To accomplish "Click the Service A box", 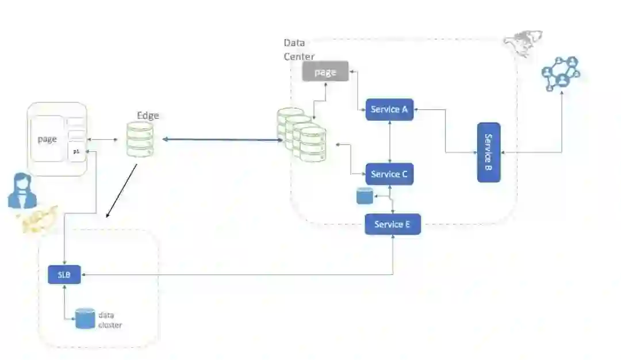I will coord(390,109).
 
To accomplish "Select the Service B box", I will coord(489,152).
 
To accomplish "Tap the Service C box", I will coord(390,174).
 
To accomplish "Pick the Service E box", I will coord(393,224).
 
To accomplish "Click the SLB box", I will coord(64,274).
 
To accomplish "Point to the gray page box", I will coord(325,72).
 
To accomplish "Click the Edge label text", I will coord(148,115).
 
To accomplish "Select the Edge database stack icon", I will coord(141,139).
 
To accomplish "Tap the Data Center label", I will coord(299,49).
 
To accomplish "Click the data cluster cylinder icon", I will coord(85,319).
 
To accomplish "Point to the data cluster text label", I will coord(110,320).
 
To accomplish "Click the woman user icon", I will coord(22,191).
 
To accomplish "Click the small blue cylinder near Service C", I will coord(365,196).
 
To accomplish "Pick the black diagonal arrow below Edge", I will coord(122,191).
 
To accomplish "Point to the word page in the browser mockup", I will coord(47,139).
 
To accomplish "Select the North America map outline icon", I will coord(519,44).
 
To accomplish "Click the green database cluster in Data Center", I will coord(301,135).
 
